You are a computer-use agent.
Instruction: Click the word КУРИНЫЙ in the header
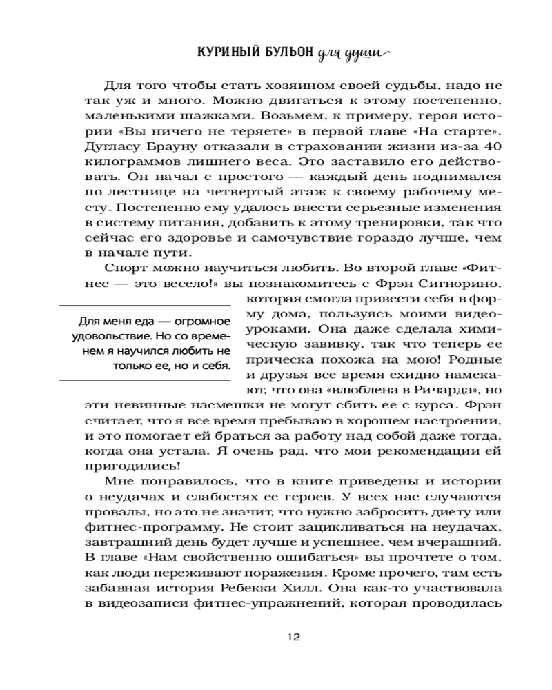click(x=226, y=53)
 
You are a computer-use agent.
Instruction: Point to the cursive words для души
click(x=353, y=54)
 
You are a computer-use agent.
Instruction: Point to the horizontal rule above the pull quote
click(x=144, y=304)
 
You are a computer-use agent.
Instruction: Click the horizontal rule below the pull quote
click(x=144, y=378)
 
